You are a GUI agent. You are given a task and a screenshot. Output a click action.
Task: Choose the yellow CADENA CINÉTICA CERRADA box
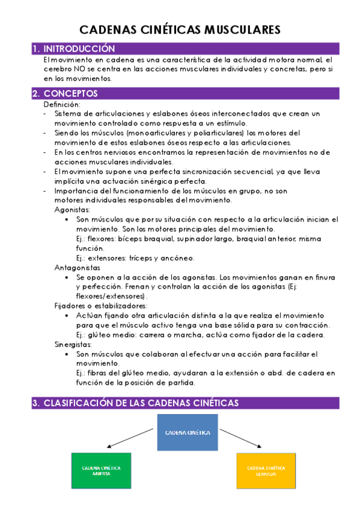pyautogui.click(x=266, y=470)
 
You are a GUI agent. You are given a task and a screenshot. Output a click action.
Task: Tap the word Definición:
pyautogui.click(x=62, y=104)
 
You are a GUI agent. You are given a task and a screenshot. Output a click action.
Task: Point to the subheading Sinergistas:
pyautogui.click(x=73, y=345)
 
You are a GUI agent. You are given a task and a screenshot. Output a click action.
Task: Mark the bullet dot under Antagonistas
pyautogui.click(x=66, y=278)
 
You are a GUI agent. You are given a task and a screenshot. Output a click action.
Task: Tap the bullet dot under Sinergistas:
pyautogui.click(x=66, y=355)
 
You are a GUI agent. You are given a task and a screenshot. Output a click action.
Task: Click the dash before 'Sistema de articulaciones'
pyautogui.click(x=46, y=113)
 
